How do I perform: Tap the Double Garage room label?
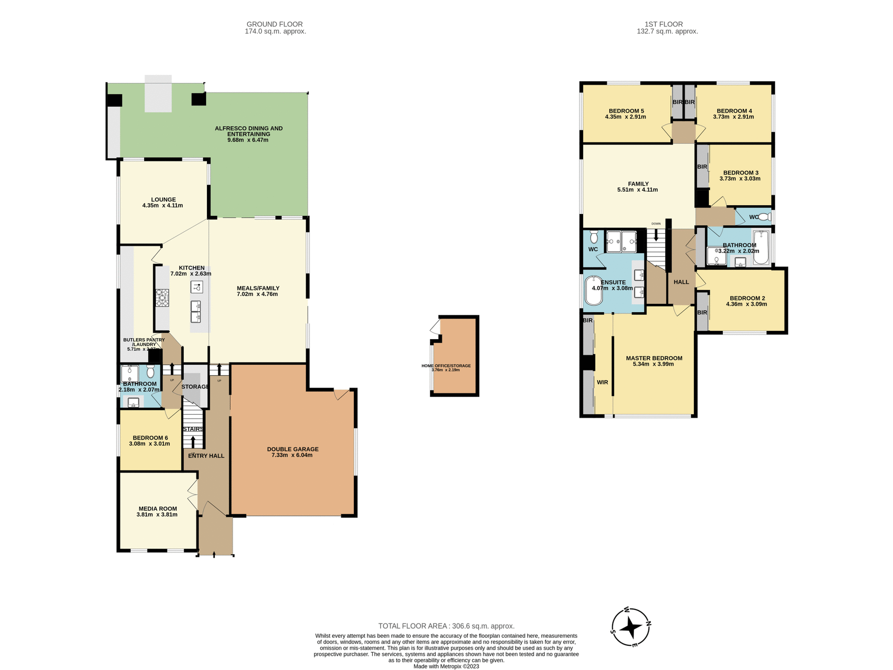[293, 449]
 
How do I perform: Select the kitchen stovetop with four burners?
[162, 298]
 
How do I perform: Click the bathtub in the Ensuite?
[593, 291]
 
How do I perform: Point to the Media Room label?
[158, 509]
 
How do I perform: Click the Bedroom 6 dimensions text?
[149, 444]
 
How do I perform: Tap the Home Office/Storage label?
[446, 366]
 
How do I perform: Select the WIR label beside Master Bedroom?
[602, 382]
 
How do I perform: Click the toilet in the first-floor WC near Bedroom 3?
[764, 217]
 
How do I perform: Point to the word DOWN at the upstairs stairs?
[656, 224]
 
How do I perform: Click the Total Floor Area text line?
[446, 626]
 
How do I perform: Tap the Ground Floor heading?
[274, 24]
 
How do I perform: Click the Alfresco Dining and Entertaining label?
[248, 131]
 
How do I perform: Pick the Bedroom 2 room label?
[747, 298]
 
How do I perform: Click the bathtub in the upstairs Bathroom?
[761, 247]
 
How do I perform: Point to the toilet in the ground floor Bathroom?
[150, 372]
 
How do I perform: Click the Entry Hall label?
[206, 456]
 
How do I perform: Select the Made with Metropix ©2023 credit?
[446, 666]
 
